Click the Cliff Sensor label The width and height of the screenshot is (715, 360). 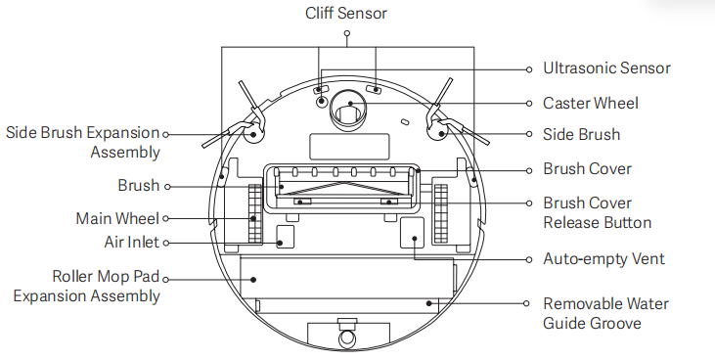346,13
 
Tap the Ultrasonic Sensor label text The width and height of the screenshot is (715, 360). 606,67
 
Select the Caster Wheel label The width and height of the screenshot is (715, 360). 591,103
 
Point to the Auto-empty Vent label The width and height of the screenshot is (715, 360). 603,258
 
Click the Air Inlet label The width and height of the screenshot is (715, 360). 132,242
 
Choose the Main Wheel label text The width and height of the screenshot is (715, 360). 117,218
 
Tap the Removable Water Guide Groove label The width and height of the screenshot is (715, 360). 605,313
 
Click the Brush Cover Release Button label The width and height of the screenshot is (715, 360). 598,212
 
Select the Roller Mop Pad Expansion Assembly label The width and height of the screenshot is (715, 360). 87,286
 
